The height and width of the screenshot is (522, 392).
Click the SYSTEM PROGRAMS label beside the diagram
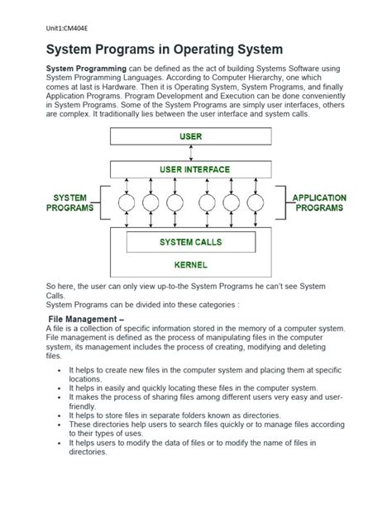coord(70,204)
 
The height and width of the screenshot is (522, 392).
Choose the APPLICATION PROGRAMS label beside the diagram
coord(319,204)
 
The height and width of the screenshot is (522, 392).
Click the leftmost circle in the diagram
coord(126,203)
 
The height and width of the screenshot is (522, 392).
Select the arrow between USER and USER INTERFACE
coord(192,153)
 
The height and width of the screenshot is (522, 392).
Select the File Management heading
coord(86,318)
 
